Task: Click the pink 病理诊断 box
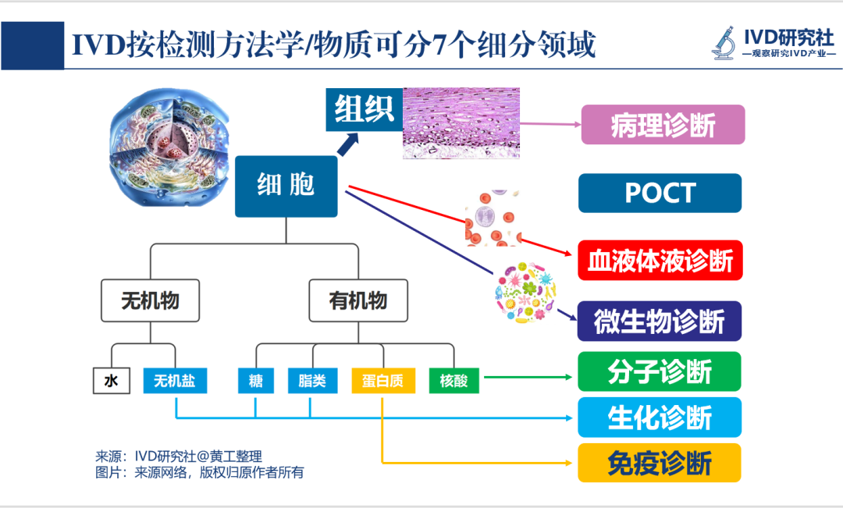pos(663,125)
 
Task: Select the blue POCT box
pos(660,193)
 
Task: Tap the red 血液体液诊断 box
pos(660,261)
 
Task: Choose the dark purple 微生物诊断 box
pos(660,321)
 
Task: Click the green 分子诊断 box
pos(660,371)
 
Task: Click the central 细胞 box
pos(286,186)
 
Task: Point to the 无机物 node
pos(151,300)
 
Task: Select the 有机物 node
pos(359,300)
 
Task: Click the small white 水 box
pos(111,381)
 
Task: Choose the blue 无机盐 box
pos(175,381)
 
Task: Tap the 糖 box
pos(256,381)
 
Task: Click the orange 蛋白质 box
pos(382,381)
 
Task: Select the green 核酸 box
pos(454,381)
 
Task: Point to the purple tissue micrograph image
pos(461,123)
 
